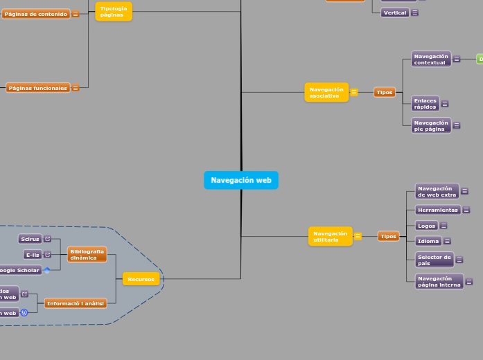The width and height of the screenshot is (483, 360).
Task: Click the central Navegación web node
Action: (240, 180)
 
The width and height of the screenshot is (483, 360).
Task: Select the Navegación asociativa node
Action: (326, 92)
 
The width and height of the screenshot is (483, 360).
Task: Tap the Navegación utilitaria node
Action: (330, 236)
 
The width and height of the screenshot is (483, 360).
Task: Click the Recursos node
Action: (141, 279)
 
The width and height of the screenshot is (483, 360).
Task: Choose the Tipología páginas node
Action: (113, 12)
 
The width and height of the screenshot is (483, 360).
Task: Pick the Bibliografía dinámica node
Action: (87, 255)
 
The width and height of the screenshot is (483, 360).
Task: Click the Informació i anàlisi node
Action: (76, 303)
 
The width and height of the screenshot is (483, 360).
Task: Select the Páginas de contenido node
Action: (35, 14)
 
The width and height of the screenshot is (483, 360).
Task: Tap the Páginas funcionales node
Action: (38, 88)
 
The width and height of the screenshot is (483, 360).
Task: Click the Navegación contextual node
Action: (430, 59)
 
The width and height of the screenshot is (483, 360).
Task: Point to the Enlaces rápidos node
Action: (425, 103)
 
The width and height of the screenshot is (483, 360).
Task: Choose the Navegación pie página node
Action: (430, 125)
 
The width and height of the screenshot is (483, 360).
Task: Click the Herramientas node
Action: (437, 210)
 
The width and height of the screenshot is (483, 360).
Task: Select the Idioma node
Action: (428, 241)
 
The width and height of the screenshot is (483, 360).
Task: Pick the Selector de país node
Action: (434, 260)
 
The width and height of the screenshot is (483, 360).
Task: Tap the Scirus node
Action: (30, 239)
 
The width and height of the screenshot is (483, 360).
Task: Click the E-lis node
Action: (32, 255)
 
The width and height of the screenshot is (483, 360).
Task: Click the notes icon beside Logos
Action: (444, 226)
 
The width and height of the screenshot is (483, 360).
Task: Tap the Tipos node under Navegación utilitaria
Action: (388, 236)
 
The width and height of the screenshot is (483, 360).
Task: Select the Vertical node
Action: (394, 12)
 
